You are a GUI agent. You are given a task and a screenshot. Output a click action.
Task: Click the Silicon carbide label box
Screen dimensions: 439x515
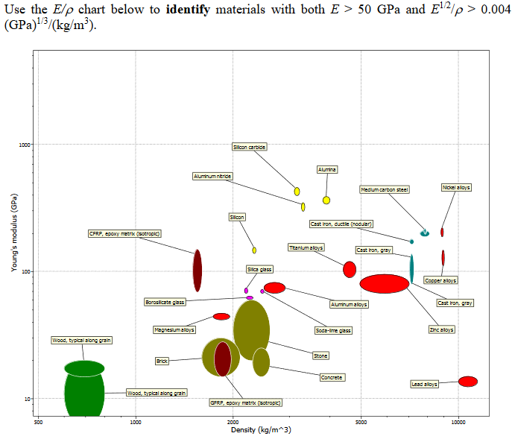249,147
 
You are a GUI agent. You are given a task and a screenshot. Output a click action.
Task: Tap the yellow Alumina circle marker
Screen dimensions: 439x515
326,200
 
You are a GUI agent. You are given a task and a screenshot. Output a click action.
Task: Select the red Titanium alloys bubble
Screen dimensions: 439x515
350,269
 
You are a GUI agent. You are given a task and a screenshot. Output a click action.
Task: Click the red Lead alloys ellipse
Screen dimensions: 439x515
468,382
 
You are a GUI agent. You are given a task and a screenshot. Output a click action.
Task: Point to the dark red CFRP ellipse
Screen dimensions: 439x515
198,270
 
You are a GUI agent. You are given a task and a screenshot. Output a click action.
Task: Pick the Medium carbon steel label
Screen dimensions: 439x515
385,190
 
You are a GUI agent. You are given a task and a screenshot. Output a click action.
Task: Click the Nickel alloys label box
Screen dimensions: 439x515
456,187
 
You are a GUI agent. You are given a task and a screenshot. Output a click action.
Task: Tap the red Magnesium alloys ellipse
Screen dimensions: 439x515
221,317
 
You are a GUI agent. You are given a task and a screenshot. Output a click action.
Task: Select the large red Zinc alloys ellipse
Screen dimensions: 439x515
385,284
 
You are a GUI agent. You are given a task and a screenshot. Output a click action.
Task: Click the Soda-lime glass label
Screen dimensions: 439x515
333,329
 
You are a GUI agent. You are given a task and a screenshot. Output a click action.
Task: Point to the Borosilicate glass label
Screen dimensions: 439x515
165,302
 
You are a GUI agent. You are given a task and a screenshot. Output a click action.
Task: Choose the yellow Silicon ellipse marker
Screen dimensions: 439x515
254,250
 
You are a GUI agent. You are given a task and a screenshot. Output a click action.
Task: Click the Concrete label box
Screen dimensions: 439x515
332,377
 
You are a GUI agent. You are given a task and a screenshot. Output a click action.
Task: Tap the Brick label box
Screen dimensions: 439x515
162,361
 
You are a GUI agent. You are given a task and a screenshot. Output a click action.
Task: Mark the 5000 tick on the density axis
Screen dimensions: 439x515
361,423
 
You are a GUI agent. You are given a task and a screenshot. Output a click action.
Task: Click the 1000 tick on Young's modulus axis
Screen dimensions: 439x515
25,145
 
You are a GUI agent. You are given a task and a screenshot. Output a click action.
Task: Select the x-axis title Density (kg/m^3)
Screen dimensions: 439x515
261,430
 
